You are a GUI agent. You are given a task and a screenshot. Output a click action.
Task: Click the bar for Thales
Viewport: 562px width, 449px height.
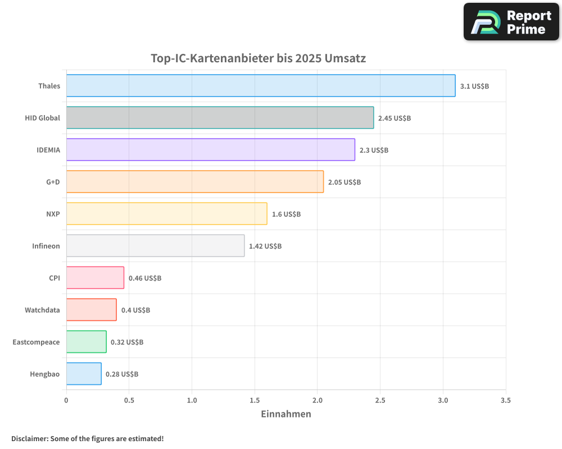tap(261, 86)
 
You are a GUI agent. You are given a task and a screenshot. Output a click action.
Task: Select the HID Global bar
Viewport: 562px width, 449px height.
tap(220, 118)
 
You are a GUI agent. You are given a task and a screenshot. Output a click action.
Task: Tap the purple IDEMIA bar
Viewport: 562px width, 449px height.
tap(210, 150)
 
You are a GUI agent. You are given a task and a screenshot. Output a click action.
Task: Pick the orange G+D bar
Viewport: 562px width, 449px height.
tap(194, 182)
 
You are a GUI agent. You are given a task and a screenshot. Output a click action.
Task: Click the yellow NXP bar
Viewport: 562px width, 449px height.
tap(166, 214)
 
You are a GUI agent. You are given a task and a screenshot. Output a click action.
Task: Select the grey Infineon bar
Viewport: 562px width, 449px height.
tap(155, 246)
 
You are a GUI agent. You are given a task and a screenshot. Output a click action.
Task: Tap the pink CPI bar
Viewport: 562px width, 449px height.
tap(95, 278)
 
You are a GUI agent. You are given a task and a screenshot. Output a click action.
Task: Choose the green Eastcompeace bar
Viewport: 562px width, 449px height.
tap(86, 342)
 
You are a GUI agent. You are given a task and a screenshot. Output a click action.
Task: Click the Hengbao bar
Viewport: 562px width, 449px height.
tap(84, 374)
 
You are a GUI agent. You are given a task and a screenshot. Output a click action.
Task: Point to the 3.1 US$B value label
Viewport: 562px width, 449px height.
tap(474, 86)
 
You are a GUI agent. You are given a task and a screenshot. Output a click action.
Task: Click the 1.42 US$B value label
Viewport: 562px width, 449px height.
tap(265, 246)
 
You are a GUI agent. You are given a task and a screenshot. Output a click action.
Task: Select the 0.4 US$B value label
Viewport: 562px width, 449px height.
tap(135, 310)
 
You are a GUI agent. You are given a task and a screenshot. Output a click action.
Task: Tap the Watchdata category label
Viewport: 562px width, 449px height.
tap(42, 310)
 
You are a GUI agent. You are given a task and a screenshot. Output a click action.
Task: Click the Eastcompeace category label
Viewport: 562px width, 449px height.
tap(36, 342)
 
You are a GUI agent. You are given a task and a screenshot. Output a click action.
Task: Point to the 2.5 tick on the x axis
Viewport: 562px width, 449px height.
tap(380, 401)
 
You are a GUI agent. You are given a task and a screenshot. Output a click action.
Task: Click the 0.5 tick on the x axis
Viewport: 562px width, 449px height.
tap(129, 401)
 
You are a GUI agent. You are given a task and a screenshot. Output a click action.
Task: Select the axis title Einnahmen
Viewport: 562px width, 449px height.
tap(285, 414)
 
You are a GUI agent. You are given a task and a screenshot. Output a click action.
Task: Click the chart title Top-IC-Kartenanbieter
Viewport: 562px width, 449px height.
tap(258, 58)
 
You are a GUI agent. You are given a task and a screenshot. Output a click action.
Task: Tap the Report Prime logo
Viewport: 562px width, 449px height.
tap(511, 22)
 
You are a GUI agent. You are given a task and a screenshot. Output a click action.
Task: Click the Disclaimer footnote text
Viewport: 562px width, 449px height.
tap(87, 438)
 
